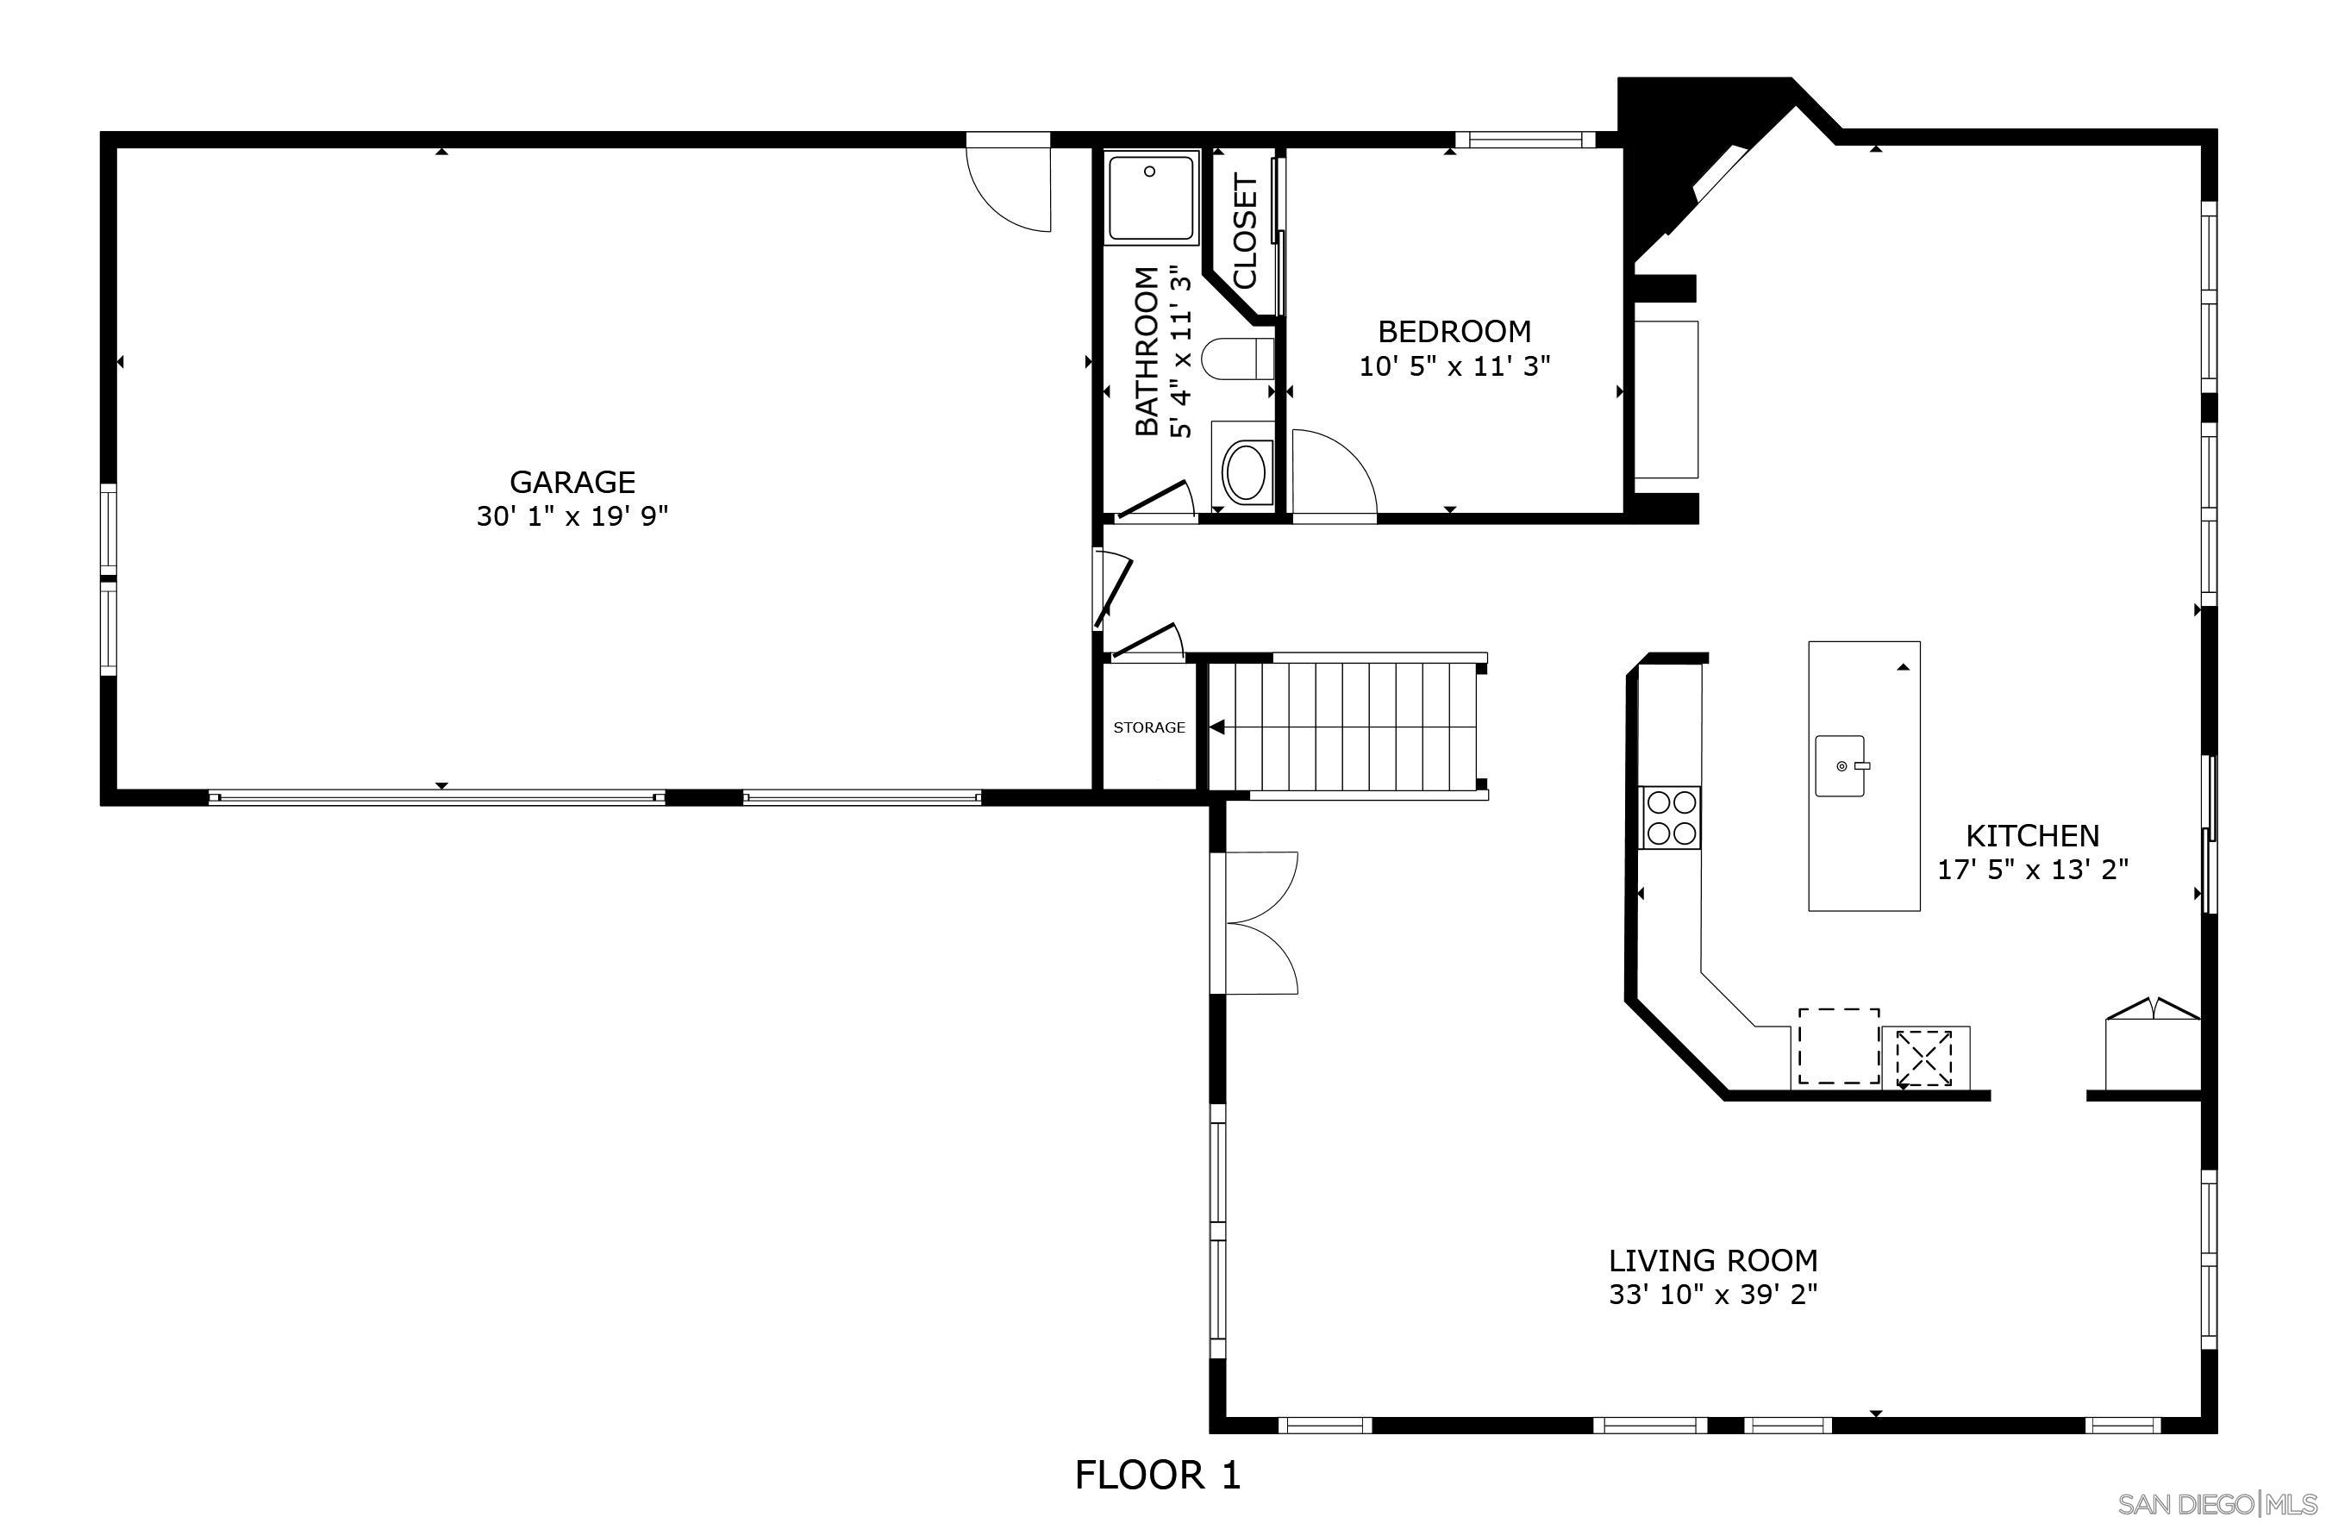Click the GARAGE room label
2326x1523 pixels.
pyautogui.click(x=572, y=482)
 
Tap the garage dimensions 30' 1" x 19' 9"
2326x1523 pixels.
pyautogui.click(x=572, y=515)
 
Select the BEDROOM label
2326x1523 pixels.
pyautogui.click(x=1454, y=331)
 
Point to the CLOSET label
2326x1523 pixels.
pyautogui.click(x=1245, y=232)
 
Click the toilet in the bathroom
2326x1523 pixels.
pyautogui.click(x=1237, y=359)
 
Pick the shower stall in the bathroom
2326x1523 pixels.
pyautogui.click(x=1151, y=197)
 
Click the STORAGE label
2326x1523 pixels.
pyautogui.click(x=1148, y=727)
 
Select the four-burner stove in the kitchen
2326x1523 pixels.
pyautogui.click(x=1670, y=817)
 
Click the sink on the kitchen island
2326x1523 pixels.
pyautogui.click(x=1841, y=766)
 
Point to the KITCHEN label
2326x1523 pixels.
pyautogui.click(x=2032, y=835)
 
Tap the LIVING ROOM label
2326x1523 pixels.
pyautogui.click(x=1712, y=1259)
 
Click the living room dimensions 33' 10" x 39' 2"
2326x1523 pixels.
pyautogui.click(x=1712, y=1295)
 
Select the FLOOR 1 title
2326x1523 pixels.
pyautogui.click(x=1157, y=1474)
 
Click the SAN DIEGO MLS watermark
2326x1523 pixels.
pyautogui.click(x=2217, y=1503)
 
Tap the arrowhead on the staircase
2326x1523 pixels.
pyautogui.click(x=1216, y=727)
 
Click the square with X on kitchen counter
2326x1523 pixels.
pyautogui.click(x=1923, y=1057)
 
